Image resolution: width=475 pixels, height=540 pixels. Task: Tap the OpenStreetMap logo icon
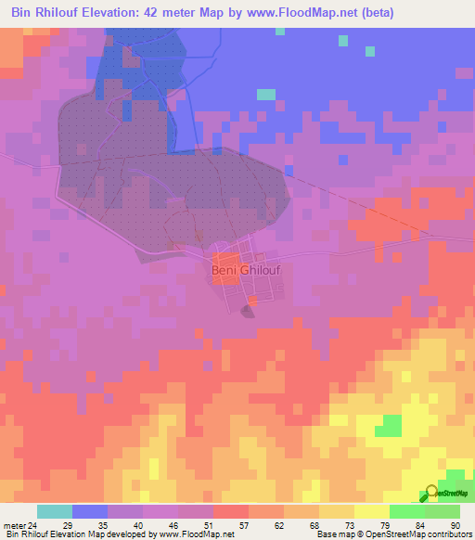(x=433, y=493)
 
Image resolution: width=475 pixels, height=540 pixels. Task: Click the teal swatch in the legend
(x=55, y=511)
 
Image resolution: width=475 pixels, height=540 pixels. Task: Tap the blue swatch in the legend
(x=90, y=511)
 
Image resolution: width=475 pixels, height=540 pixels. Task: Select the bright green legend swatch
(x=407, y=511)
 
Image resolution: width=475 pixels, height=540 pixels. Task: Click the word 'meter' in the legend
(x=12, y=525)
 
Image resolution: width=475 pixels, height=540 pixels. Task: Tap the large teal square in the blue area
(x=266, y=94)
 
